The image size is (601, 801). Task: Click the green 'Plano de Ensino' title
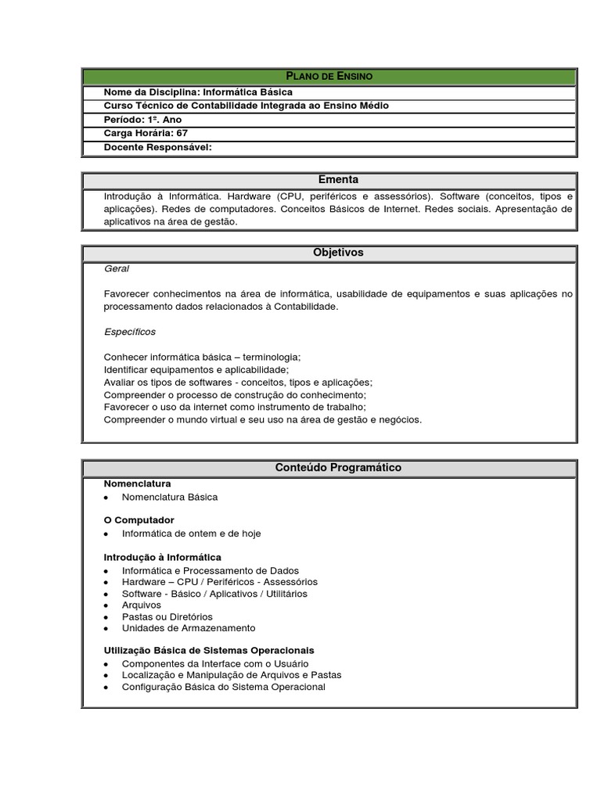coord(329,76)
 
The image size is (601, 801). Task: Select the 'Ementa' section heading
coord(329,180)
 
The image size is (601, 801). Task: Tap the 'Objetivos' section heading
coord(329,253)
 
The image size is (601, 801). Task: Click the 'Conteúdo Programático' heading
coord(329,468)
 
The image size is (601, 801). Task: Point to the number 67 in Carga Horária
coord(182,133)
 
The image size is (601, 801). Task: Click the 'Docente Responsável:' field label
coord(158,146)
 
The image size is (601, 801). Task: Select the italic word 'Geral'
coord(117,268)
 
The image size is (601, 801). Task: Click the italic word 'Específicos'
coord(130,332)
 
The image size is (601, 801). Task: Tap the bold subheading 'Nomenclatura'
coord(137,483)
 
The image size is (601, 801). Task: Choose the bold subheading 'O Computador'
coord(139,520)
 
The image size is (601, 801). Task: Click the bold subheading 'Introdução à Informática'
coord(163,557)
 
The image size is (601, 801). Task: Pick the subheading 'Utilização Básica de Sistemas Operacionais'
coord(209,650)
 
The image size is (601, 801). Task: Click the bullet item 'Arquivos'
coord(142,605)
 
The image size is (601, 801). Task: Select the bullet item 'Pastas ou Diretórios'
coord(167,616)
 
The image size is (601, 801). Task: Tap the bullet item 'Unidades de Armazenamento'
coord(189,628)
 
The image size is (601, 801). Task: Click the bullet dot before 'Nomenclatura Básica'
coord(106,497)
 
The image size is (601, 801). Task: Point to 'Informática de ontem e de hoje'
coord(191,533)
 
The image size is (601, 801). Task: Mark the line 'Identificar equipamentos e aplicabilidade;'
coord(196,369)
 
